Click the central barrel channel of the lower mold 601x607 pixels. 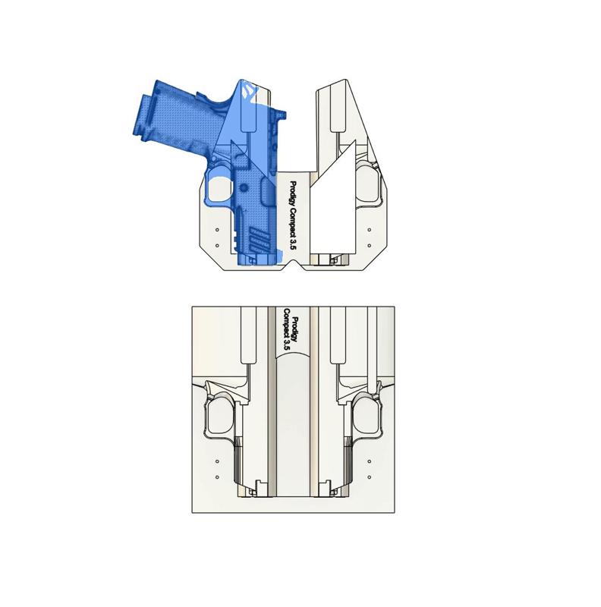click(293, 425)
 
